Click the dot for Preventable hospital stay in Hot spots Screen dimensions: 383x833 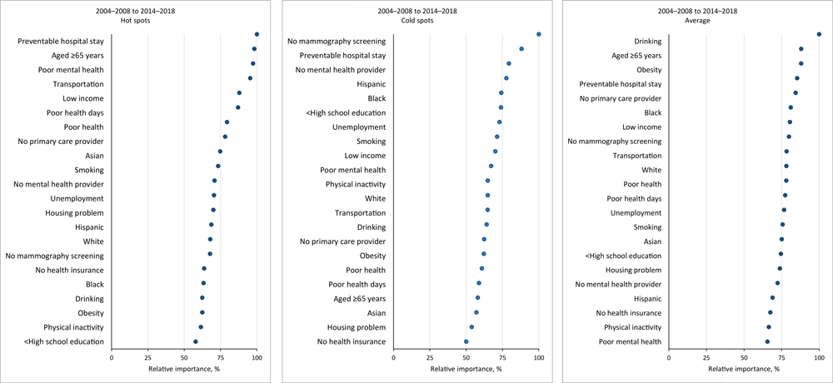257,34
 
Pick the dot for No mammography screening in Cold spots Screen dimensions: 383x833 539,34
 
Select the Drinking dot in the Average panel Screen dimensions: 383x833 819,34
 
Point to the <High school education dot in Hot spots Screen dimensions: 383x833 196,341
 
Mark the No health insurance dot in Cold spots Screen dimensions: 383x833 466,341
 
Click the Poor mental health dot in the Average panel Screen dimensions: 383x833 767,341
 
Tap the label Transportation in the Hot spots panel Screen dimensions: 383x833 78,84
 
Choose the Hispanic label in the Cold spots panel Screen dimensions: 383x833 371,84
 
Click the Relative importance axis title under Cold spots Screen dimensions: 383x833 466,369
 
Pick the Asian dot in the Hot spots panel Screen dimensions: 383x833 220,152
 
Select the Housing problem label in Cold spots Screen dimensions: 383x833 357,327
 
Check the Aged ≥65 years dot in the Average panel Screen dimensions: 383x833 801,49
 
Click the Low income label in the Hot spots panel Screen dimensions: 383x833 83,98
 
